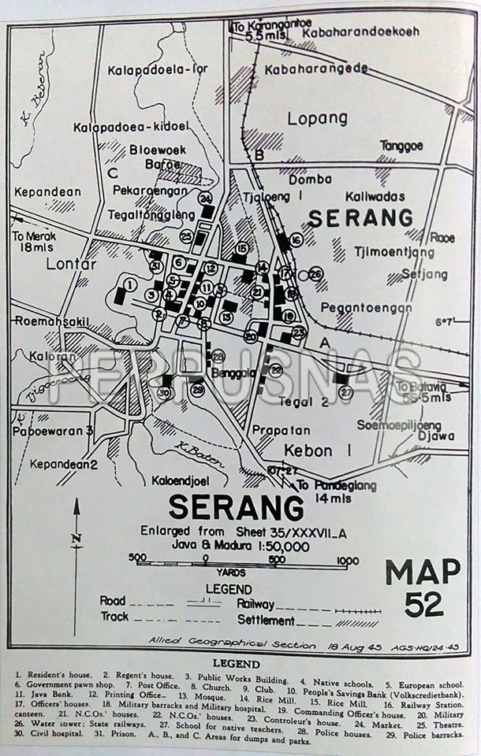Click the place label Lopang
[x=317, y=118]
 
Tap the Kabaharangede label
[x=316, y=69]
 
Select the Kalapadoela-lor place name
[x=159, y=69]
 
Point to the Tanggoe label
[x=401, y=146]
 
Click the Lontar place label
[x=70, y=264]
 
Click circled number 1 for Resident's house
[x=130, y=284]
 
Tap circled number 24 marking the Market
[x=206, y=198]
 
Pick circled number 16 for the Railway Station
[x=296, y=239]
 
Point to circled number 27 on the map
[x=345, y=391]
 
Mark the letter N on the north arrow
[x=76, y=539]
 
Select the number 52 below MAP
[x=423, y=604]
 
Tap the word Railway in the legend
[x=255, y=603]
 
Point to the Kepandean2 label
[x=64, y=464]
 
